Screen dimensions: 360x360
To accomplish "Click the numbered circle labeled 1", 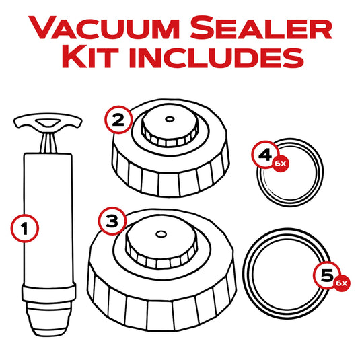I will point(24,228).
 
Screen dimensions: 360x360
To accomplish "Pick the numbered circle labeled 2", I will point(118,120).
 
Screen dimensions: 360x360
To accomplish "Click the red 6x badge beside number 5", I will point(341,283).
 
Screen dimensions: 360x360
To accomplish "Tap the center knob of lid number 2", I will point(168,128).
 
